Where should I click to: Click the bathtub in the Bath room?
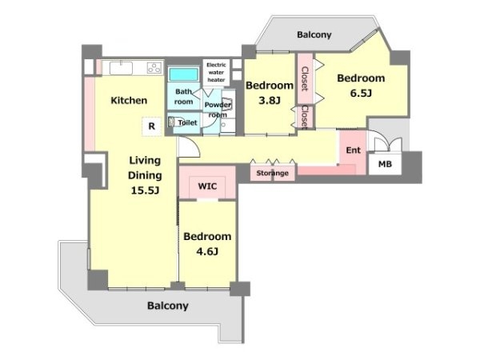(184, 74)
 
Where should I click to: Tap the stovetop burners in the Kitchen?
(154, 68)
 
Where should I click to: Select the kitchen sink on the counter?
(122, 68)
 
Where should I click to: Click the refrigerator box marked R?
(152, 126)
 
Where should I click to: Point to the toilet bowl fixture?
(175, 122)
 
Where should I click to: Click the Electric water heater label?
(216, 72)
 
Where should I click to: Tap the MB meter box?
(385, 164)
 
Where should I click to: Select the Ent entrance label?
(354, 150)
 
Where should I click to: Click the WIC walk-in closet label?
(207, 186)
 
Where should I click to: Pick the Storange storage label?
(272, 173)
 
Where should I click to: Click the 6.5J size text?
(361, 93)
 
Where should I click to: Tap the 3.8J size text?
(270, 100)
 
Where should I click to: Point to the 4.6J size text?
(207, 252)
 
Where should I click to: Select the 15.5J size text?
(145, 190)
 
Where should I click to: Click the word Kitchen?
(129, 101)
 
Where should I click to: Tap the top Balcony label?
(314, 34)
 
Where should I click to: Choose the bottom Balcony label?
(168, 306)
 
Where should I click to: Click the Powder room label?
(218, 110)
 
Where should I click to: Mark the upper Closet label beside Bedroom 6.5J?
(305, 78)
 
